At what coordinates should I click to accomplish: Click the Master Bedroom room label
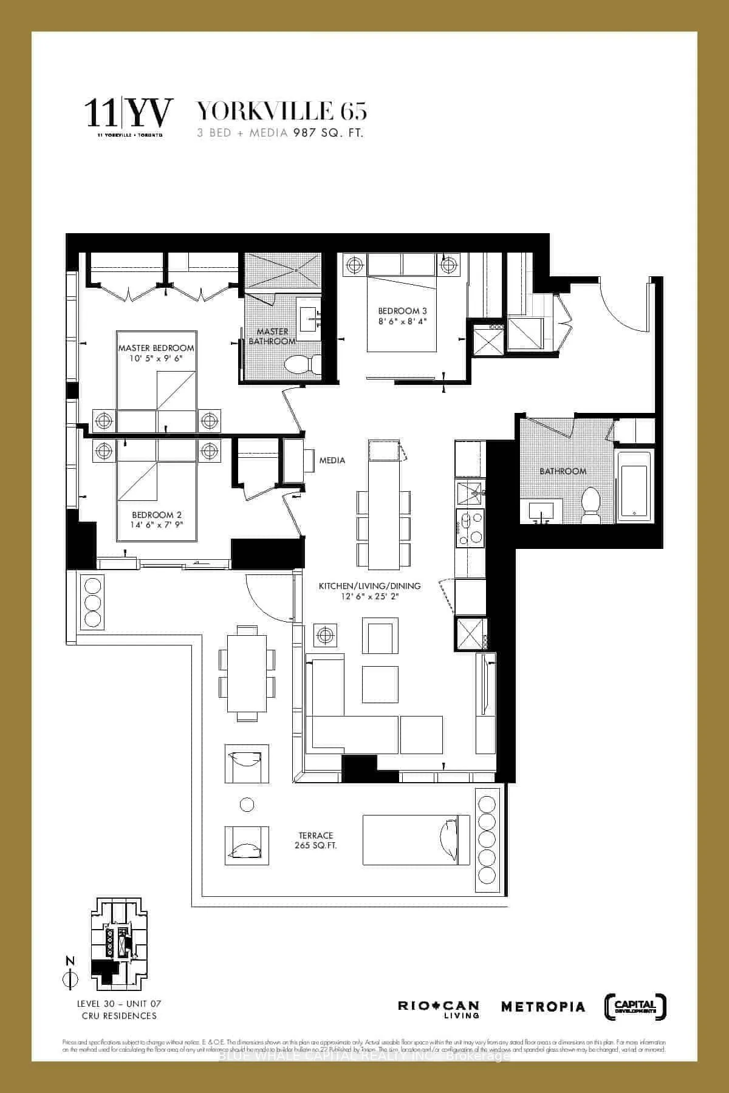(x=156, y=348)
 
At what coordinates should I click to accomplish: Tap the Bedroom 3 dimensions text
(x=402, y=321)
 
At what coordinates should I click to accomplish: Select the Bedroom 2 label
(x=157, y=515)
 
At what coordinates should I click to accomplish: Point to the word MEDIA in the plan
(x=332, y=460)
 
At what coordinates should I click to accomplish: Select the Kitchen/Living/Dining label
(x=369, y=586)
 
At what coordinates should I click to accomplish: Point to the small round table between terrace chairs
(x=247, y=805)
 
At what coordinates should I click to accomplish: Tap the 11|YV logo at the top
(x=129, y=114)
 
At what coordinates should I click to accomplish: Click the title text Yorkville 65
(x=281, y=112)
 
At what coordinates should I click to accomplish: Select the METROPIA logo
(x=542, y=1007)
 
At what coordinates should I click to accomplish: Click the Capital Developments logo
(x=636, y=1006)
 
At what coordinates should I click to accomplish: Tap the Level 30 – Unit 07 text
(x=119, y=1004)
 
